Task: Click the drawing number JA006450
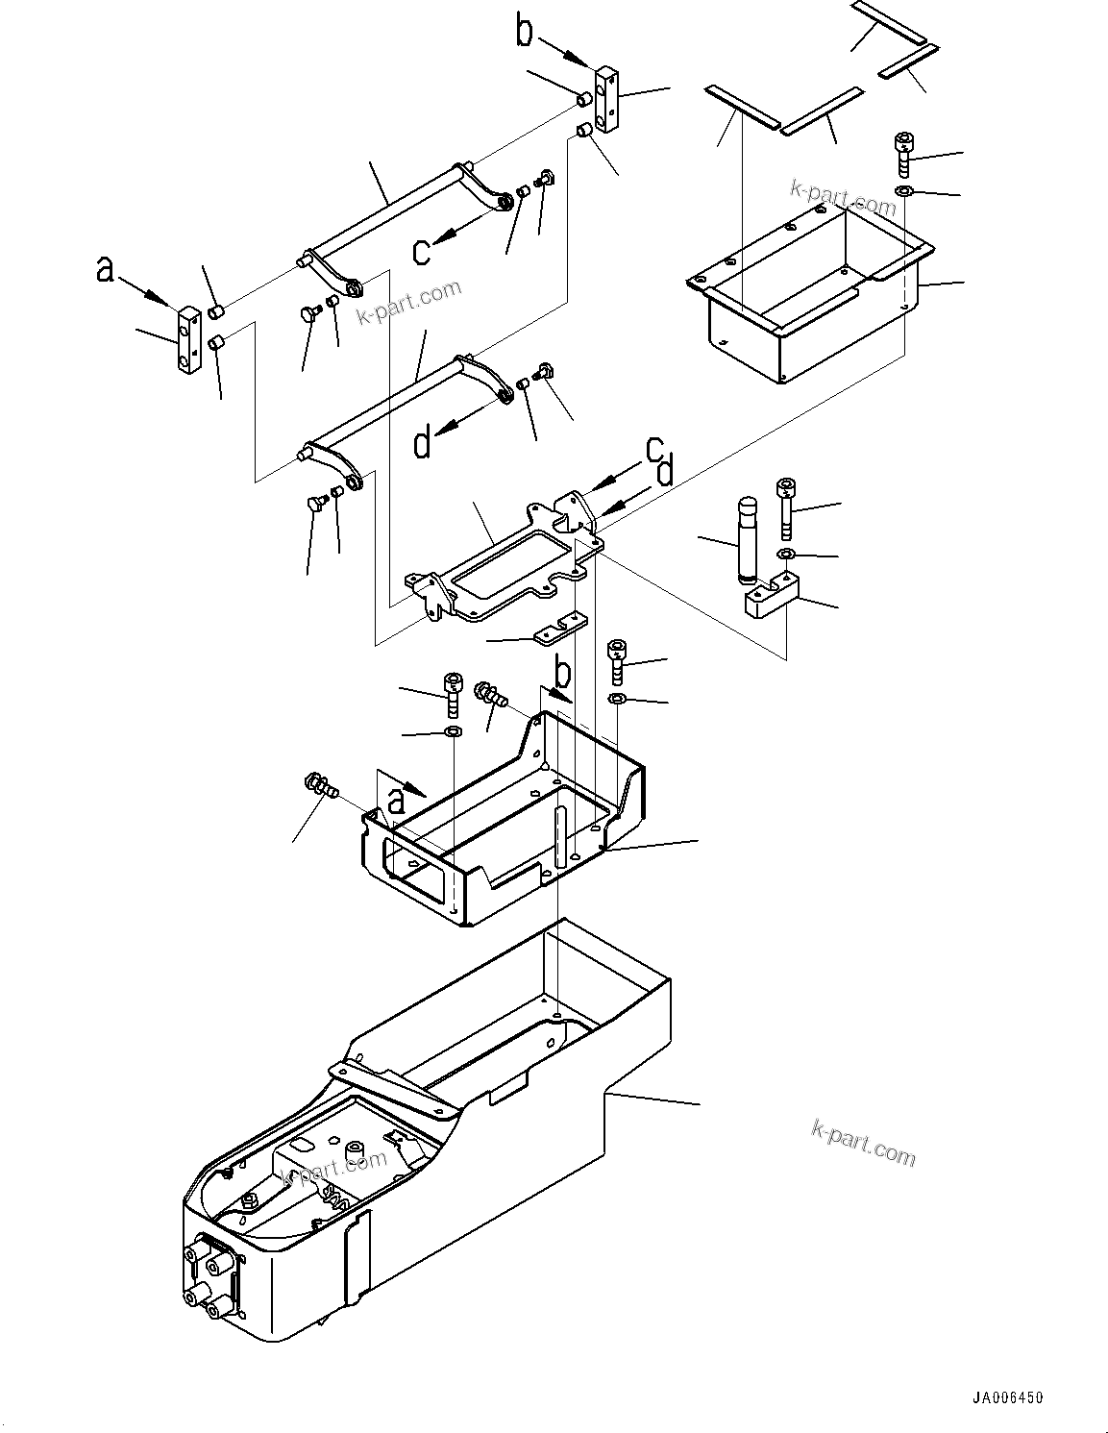click(x=1005, y=1397)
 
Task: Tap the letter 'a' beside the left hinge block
click(x=105, y=269)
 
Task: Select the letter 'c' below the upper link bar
click(x=422, y=251)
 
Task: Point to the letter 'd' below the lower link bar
click(x=423, y=444)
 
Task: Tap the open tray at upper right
click(x=812, y=288)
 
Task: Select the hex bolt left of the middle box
click(x=320, y=784)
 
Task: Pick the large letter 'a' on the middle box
click(x=396, y=799)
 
